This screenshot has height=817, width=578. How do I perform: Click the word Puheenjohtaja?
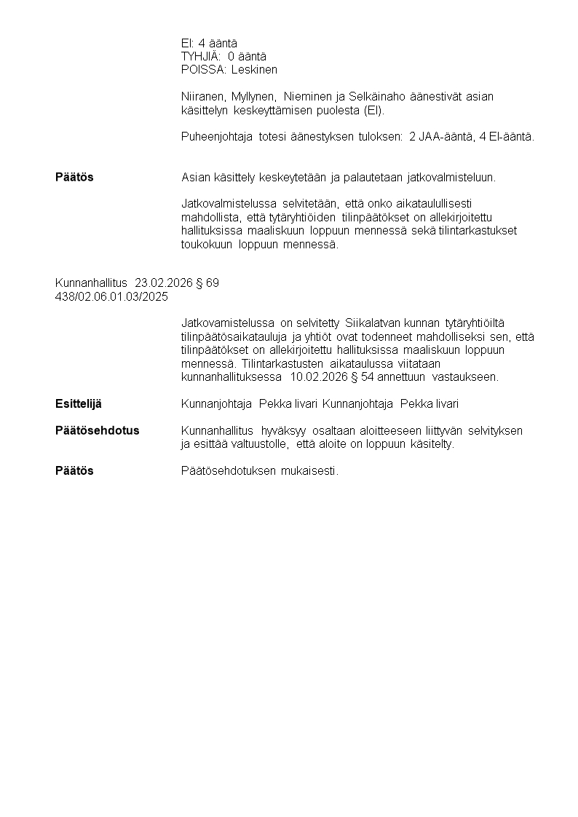[x=217, y=137]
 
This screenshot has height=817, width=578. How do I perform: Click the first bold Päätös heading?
[x=74, y=178]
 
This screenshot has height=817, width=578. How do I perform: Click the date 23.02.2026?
[x=164, y=283]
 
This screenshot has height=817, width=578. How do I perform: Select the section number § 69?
[x=207, y=283]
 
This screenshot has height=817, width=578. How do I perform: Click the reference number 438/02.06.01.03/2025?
[x=111, y=296]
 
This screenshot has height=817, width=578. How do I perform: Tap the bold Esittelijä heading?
[x=79, y=403]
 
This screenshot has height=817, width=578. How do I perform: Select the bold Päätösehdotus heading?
[x=97, y=431]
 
